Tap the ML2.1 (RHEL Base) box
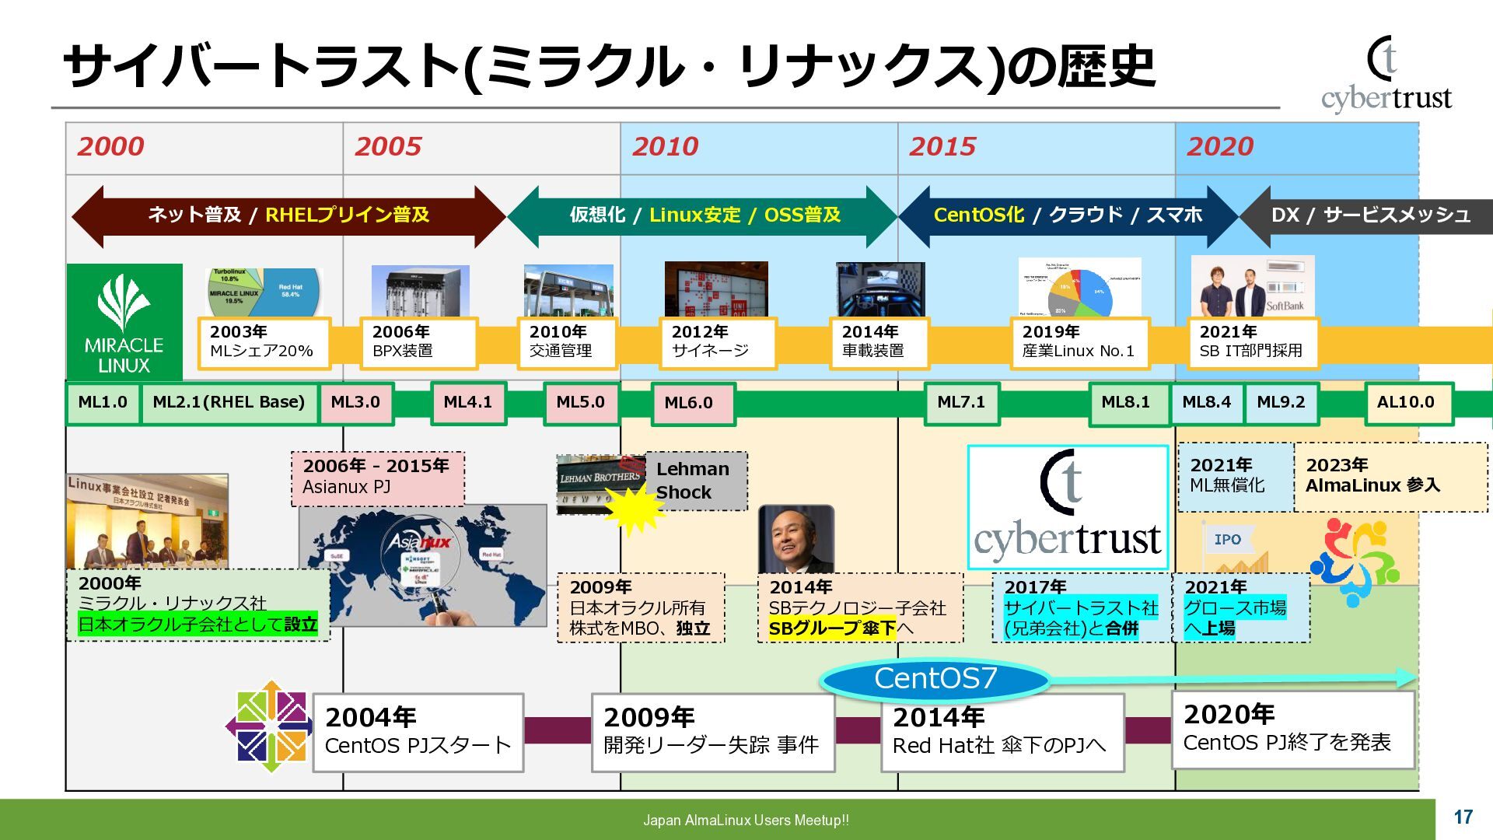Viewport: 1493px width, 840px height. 229,403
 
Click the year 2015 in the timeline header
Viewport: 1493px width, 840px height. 942,146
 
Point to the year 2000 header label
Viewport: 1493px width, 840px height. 110,146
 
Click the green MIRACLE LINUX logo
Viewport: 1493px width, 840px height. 124,321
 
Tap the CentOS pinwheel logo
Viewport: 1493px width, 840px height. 269,726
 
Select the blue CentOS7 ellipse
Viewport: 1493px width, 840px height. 935,679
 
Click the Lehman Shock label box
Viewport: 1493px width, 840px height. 694,481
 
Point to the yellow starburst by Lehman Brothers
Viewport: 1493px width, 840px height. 635,508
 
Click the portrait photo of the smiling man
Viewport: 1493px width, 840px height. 795,540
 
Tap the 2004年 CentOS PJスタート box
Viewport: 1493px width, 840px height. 418,732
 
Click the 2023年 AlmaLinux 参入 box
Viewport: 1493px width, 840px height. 1390,476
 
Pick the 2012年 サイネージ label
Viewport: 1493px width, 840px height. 716,342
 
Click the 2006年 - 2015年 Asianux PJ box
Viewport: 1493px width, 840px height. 378,478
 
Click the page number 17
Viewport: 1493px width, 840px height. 1463,817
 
